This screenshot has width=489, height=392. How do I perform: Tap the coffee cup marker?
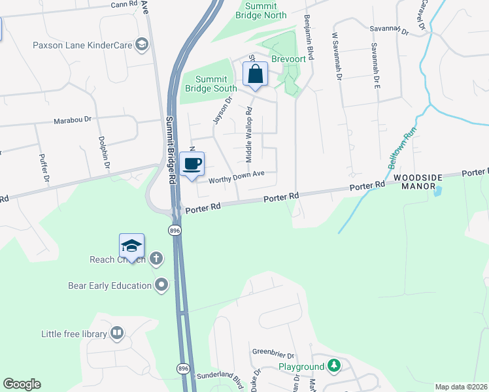click(192, 164)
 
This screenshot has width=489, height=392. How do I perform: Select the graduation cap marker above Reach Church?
click(131, 246)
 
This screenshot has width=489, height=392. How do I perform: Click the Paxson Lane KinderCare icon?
click(141, 44)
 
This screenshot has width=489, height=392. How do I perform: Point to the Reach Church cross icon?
click(156, 259)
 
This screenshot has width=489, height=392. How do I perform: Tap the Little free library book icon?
click(117, 334)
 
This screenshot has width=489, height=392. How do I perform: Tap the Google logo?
click(22, 384)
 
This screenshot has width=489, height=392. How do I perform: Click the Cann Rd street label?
click(124, 4)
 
